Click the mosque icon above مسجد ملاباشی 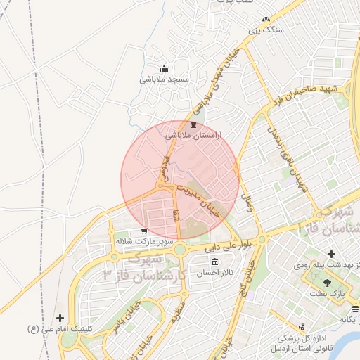[165, 69]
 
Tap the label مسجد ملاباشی [165, 79]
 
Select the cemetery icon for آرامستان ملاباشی [193, 123]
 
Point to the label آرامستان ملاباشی [193, 134]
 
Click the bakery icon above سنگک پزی [265, 20]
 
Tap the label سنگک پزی [266, 31]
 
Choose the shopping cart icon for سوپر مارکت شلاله [144, 231]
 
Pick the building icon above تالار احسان [214, 262]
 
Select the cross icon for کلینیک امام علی [60, 319]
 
